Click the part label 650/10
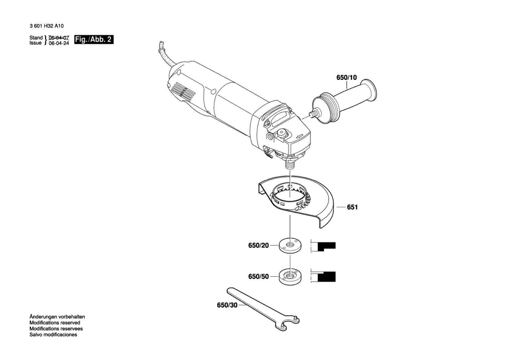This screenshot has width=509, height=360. click(x=346, y=78)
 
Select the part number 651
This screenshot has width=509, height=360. click(x=352, y=207)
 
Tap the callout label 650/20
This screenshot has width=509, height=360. click(x=259, y=245)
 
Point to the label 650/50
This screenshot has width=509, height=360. click(x=259, y=276)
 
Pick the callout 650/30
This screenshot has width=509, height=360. click(x=227, y=305)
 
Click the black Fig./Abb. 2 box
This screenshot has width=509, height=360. click(x=94, y=39)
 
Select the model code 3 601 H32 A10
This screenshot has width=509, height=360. click(x=46, y=26)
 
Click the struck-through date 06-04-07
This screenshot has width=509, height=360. click(x=59, y=38)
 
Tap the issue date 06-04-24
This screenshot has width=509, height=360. click(x=59, y=43)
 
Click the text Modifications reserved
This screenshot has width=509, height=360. click(x=55, y=323)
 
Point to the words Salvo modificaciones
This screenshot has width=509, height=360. click(x=53, y=334)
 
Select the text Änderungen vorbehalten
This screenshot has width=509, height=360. click(x=57, y=317)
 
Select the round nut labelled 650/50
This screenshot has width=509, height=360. click(x=290, y=276)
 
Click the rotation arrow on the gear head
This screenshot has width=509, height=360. click(x=300, y=136)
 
